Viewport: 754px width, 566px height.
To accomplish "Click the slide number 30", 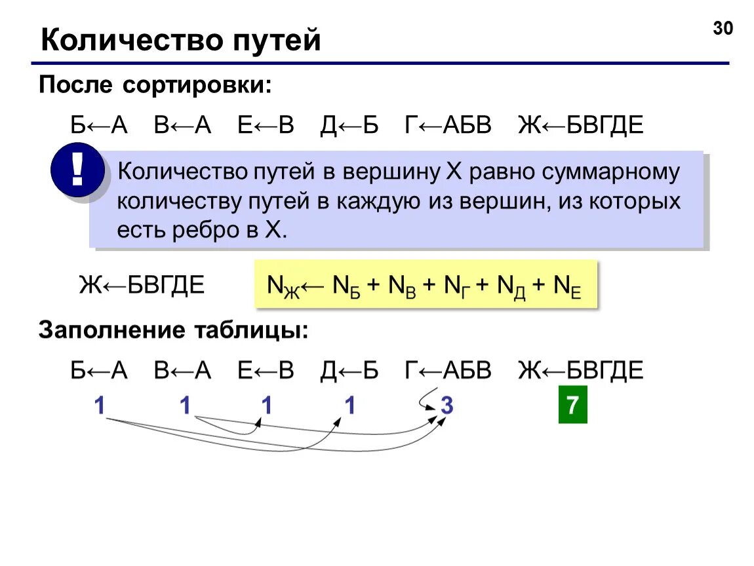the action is coord(723,29).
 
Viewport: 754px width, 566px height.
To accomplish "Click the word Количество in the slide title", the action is coord(131,41).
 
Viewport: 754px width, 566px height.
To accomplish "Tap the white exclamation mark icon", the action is coord(77,170).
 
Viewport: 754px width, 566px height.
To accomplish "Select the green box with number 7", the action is coord(572,406).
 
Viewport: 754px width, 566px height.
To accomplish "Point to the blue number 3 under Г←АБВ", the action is coord(446,406).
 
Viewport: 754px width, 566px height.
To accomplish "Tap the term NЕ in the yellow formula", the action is coord(568,286).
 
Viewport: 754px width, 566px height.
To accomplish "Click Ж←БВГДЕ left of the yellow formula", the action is coord(142,286).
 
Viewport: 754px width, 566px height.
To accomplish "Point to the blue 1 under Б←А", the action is coord(100,406).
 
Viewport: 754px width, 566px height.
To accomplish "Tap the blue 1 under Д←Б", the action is coord(350,406).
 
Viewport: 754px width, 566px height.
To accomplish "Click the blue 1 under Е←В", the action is coord(267,406).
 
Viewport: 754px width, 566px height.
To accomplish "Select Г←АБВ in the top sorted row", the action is coord(448,124).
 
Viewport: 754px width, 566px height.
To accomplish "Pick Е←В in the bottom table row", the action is coord(266,371).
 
